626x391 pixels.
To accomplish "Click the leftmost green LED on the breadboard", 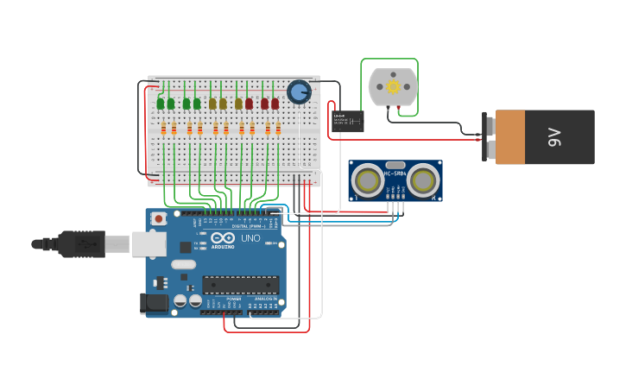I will [x=161, y=104].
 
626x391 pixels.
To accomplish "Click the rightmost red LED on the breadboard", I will [x=275, y=104].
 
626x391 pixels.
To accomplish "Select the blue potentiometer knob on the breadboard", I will [x=299, y=91].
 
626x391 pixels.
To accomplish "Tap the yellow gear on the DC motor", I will [x=393, y=86].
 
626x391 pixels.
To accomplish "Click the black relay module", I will [x=348, y=120].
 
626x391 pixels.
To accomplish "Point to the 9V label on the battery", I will [x=554, y=136].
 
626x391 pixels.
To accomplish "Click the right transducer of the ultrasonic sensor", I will [x=423, y=181].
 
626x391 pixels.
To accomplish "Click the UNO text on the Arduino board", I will [x=250, y=238].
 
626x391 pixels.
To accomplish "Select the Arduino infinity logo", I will [x=223, y=238].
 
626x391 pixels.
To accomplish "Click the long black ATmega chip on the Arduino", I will [x=240, y=284].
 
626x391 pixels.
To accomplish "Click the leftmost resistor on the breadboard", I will [x=163, y=129].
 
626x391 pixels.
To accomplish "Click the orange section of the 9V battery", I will [x=522, y=136].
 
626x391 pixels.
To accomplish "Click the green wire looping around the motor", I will [x=418, y=86].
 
